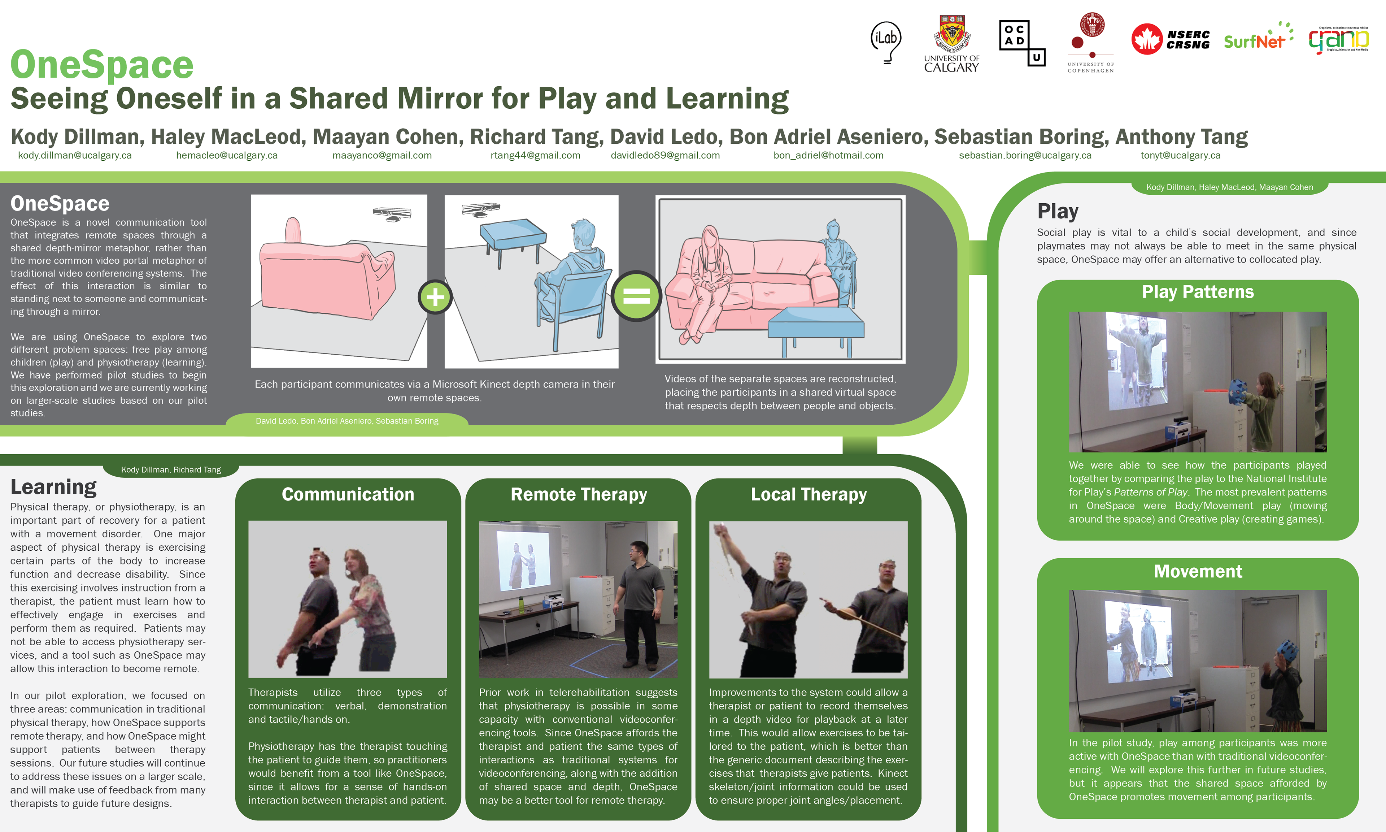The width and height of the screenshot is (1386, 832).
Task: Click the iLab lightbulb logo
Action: pyautogui.click(x=886, y=42)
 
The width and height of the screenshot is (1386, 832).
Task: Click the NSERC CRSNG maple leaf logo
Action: pyautogui.click(x=1170, y=39)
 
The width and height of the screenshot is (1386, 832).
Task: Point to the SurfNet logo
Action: pyautogui.click(x=1258, y=36)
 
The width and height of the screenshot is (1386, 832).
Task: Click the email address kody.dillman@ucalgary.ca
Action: pyautogui.click(x=75, y=155)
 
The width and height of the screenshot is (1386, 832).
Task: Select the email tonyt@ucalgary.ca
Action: pyautogui.click(x=1180, y=155)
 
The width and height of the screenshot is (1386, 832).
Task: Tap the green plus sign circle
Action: pyautogui.click(x=435, y=296)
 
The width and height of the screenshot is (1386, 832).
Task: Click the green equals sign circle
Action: pyautogui.click(x=636, y=295)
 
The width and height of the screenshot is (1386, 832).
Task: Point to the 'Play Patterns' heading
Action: pyautogui.click(x=1198, y=292)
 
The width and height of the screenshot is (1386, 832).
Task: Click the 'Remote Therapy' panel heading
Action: pyautogui.click(x=579, y=494)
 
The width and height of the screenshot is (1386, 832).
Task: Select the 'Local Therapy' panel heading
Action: pyautogui.click(x=808, y=494)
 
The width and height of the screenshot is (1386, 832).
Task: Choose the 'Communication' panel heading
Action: pyautogui.click(x=348, y=494)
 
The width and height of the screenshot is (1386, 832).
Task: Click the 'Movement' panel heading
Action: pyautogui.click(x=1198, y=571)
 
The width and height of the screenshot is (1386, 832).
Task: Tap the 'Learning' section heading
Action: pyautogui.click(x=54, y=487)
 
